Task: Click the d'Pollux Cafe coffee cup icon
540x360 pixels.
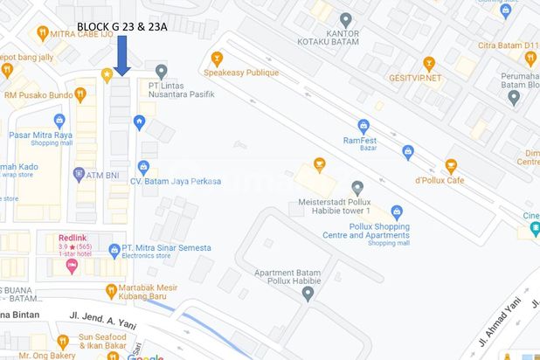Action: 451,164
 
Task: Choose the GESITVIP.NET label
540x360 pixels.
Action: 416,77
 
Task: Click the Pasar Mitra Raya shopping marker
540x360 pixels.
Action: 59,121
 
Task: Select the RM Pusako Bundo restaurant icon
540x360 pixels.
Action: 80,93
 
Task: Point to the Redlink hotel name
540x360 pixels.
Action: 73,237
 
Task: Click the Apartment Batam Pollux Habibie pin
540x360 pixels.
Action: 308,293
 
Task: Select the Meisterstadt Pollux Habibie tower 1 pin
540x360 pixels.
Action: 357,187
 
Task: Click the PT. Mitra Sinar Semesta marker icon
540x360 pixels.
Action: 114,251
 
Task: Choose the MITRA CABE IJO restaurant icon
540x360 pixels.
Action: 42,33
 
